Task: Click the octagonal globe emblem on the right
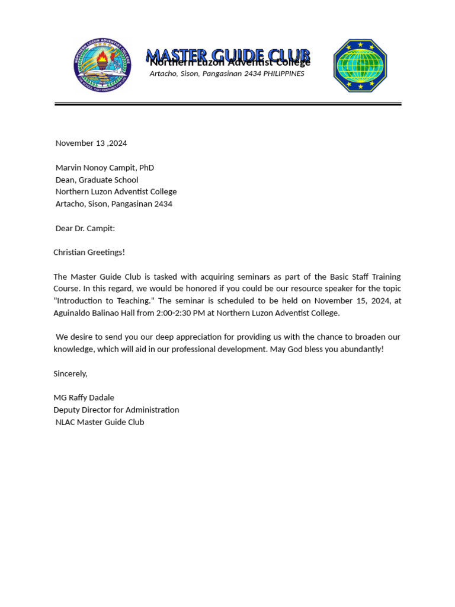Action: tap(360, 66)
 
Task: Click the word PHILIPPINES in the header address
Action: tap(284, 74)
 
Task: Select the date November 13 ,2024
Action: tap(91, 143)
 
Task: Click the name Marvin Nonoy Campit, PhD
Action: tap(105, 168)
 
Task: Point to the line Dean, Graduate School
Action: tap(97, 180)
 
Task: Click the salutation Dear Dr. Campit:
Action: tap(85, 228)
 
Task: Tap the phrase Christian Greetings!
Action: tap(89, 253)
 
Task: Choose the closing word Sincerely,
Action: tap(71, 373)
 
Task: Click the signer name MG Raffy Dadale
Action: tap(84, 398)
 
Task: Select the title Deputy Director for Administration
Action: tap(116, 410)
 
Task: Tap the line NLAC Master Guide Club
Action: tap(100, 422)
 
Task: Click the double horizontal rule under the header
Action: tap(228, 104)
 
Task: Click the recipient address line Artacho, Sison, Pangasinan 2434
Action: tap(114, 204)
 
